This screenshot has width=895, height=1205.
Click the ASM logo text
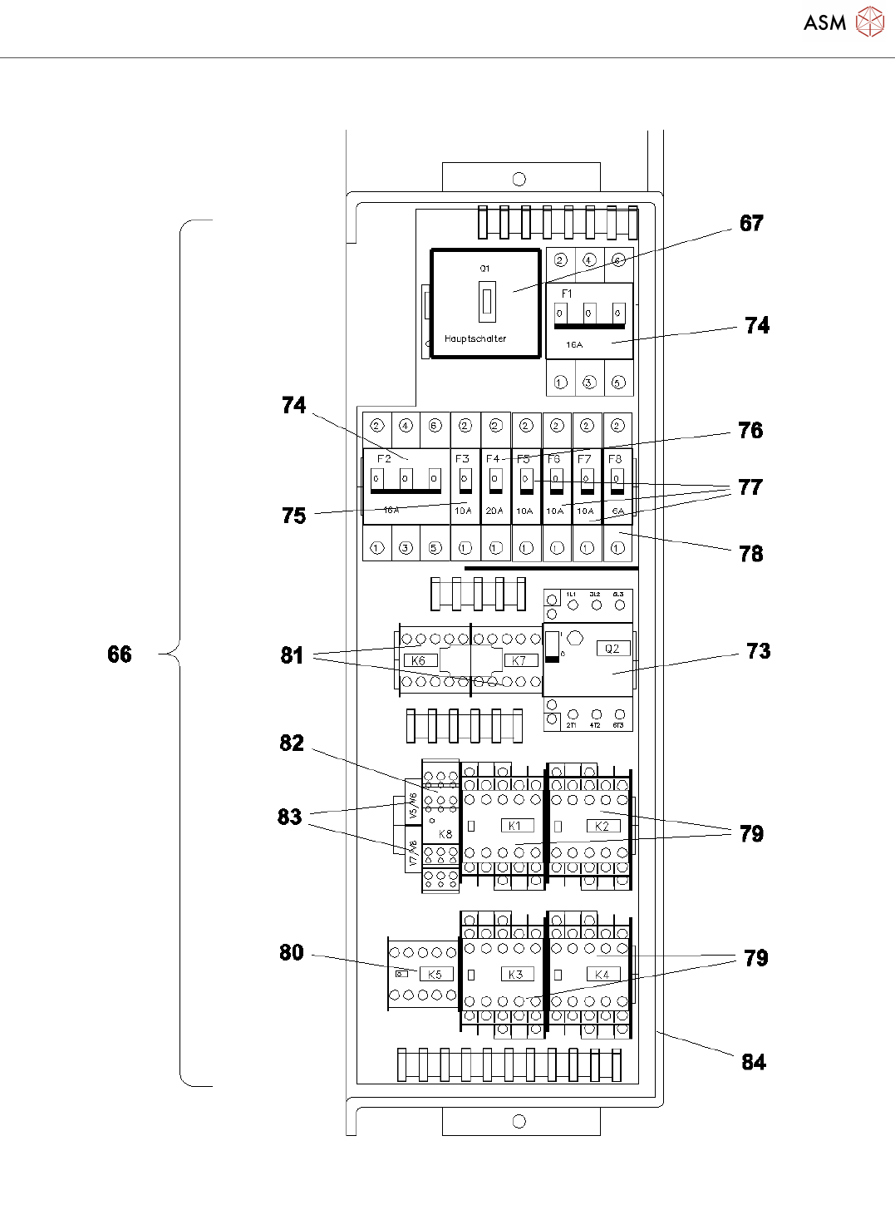(x=824, y=22)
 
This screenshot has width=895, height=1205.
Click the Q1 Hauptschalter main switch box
(x=485, y=304)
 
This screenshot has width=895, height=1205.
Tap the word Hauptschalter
(x=475, y=338)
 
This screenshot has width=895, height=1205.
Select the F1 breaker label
(x=567, y=294)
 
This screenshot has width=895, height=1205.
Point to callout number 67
(x=751, y=223)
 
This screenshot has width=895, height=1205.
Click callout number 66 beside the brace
(x=120, y=654)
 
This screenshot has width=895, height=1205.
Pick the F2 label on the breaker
(x=384, y=458)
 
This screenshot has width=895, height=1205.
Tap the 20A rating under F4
(x=494, y=511)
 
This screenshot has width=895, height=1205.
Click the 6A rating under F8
(x=617, y=511)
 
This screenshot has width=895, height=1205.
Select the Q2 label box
(x=612, y=649)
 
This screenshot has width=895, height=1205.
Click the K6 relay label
(x=419, y=660)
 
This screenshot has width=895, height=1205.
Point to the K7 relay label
(x=519, y=660)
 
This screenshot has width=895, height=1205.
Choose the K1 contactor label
(x=515, y=826)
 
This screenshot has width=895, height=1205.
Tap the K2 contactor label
(x=602, y=826)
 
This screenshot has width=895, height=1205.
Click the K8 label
(x=445, y=833)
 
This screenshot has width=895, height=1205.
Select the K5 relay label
(x=435, y=974)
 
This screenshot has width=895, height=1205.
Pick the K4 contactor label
(x=602, y=974)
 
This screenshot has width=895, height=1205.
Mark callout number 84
(x=753, y=1062)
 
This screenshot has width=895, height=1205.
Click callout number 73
(x=758, y=651)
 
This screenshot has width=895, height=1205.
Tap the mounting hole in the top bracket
(x=519, y=179)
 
